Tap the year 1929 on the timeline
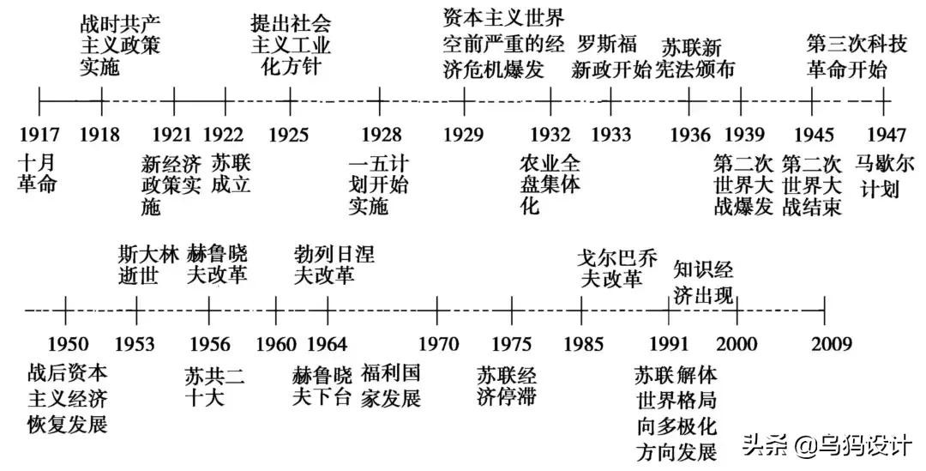pyautogui.click(x=464, y=135)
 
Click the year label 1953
pyautogui.click(x=135, y=344)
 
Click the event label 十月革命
pyautogui.click(x=37, y=172)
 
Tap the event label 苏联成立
pyautogui.click(x=231, y=172)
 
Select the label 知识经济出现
pyautogui.click(x=703, y=281)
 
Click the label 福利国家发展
pyautogui.click(x=390, y=386)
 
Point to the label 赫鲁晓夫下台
pyautogui.click(x=322, y=386)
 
